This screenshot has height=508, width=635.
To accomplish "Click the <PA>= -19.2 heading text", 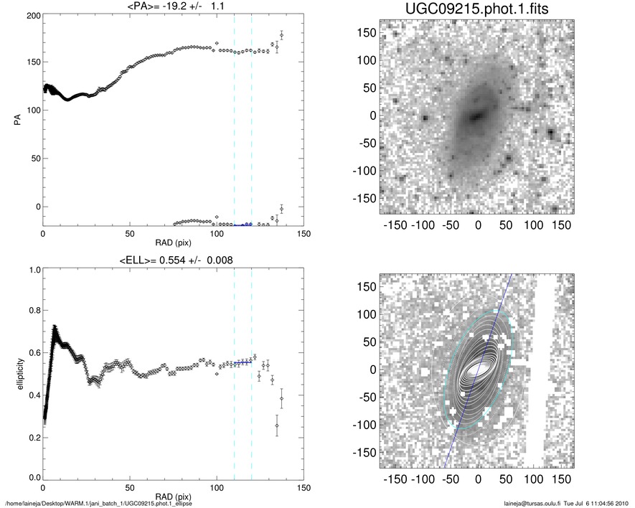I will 172,6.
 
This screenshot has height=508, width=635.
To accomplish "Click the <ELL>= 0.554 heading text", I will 172,259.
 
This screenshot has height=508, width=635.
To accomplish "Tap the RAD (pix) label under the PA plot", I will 172,243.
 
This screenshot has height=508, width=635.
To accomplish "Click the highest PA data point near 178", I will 281,34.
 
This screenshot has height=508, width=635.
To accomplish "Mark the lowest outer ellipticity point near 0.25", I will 277,426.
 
